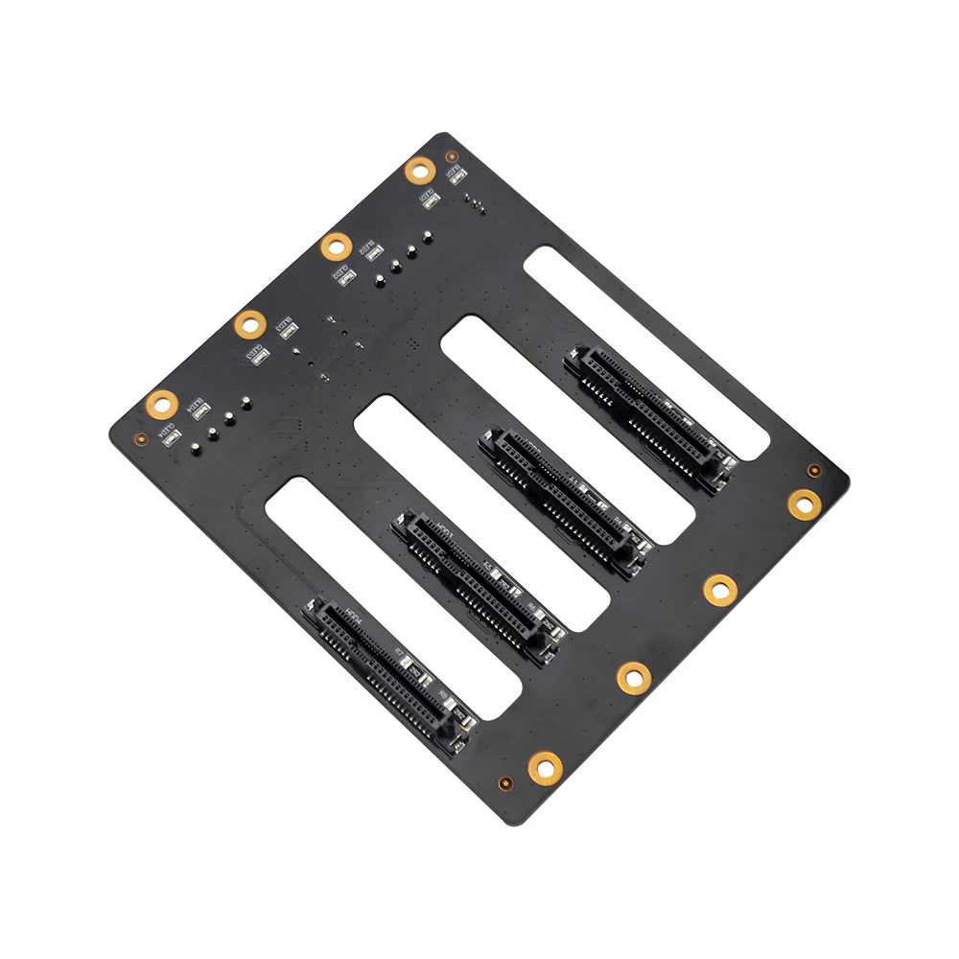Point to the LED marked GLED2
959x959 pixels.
[x=347, y=278]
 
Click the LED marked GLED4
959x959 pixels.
[x=173, y=437]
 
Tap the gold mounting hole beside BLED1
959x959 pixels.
[x=419, y=171]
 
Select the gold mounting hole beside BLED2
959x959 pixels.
[x=335, y=246]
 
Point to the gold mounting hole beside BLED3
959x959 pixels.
[x=249, y=324]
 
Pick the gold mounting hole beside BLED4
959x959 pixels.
[x=161, y=405]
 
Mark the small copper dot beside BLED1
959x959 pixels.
[x=451, y=155]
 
